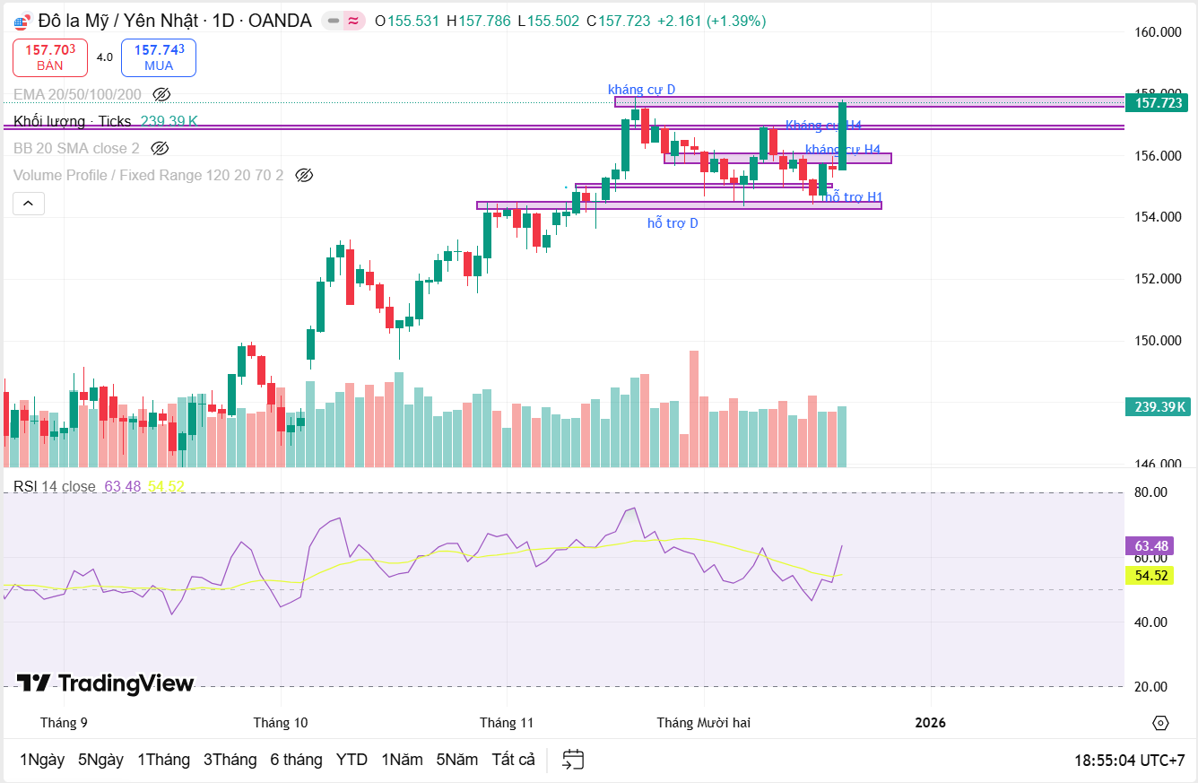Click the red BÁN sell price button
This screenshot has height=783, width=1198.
coord(50,57)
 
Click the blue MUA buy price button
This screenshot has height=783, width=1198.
coord(159,57)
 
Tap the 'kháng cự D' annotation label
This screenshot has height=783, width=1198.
coord(641,89)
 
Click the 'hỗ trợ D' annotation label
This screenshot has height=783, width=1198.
coord(673,223)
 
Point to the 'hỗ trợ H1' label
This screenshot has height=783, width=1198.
coord(854,196)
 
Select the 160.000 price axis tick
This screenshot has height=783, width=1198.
coord(1158,32)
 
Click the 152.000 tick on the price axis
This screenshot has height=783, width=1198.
coord(1158,279)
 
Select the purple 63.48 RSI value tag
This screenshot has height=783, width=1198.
coord(1150,546)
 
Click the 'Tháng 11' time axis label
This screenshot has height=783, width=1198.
coord(507,723)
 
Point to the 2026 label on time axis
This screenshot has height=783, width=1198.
coord(930,723)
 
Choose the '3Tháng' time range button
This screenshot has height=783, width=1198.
coord(230,760)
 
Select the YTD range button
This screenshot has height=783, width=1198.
coord(352,760)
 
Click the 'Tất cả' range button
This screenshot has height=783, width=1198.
coord(513,760)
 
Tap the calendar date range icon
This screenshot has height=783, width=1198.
coord(573,760)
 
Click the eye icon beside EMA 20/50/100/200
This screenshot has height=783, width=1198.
coord(161,94)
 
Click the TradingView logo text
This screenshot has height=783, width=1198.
coord(106,683)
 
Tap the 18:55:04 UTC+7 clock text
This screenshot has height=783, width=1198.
coord(1129,761)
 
